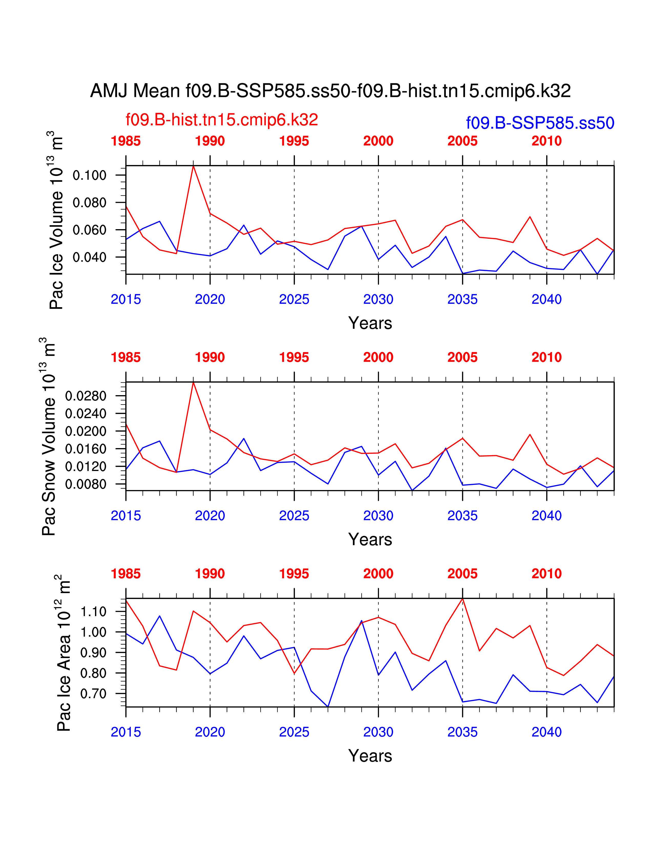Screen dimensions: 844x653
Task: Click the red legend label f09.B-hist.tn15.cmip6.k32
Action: pyautogui.click(x=222, y=120)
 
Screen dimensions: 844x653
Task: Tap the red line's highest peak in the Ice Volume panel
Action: pyautogui.click(x=193, y=166)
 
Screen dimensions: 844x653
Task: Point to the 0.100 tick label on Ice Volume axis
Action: pyautogui.click(x=89, y=175)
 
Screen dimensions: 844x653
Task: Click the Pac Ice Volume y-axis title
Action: pyautogui.click(x=56, y=220)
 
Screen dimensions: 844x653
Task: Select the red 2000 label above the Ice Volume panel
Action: pyautogui.click(x=378, y=141)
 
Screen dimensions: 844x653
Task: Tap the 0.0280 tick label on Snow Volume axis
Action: pyautogui.click(x=86, y=396)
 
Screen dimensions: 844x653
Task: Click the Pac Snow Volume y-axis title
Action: pyautogui.click(x=48, y=437)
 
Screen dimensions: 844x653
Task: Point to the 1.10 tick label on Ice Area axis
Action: pyautogui.click(x=93, y=612)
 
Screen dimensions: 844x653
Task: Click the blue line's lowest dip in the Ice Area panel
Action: pyautogui.click(x=328, y=706)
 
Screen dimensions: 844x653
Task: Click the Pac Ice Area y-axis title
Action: pyautogui.click(x=64, y=653)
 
